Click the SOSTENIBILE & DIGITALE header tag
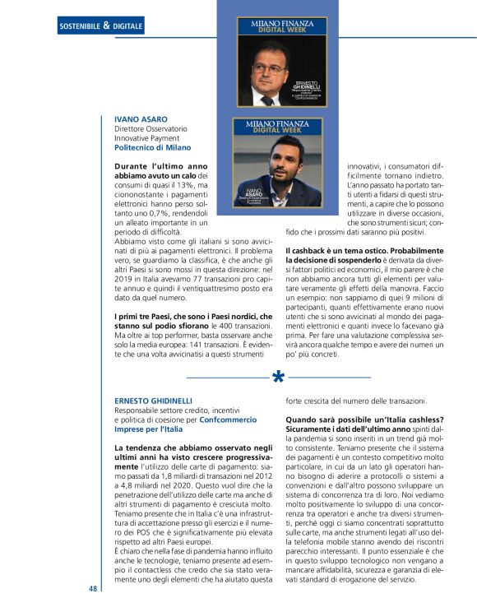click(101, 26)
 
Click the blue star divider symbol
click(279, 378)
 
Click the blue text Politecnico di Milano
click(152, 148)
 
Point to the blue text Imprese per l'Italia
click(148, 429)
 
